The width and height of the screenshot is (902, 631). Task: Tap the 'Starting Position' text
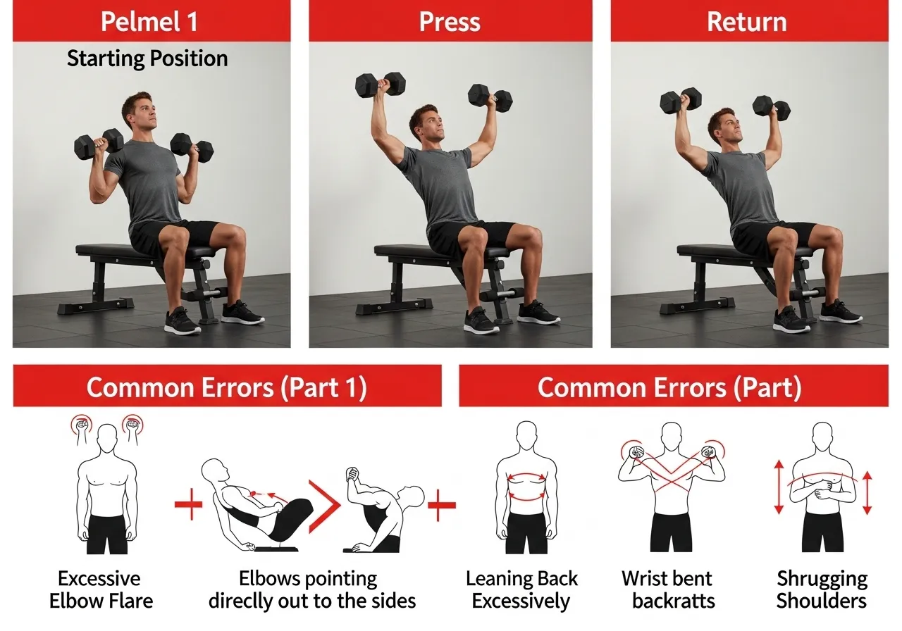click(147, 58)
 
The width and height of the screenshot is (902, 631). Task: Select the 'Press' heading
click(450, 21)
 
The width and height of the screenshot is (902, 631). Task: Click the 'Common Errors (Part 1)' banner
click(226, 388)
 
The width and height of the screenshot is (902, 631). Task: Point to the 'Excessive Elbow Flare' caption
click(99, 589)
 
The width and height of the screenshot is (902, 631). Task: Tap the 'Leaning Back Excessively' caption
click(521, 589)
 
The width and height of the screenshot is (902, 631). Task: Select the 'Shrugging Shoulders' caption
click(822, 589)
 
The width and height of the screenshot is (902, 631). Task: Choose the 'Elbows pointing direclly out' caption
click(311, 589)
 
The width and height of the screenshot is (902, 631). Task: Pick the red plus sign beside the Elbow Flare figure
click(188, 506)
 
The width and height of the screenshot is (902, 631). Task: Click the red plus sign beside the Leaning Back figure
click(442, 506)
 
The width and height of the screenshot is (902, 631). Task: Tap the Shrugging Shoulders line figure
click(822, 486)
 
